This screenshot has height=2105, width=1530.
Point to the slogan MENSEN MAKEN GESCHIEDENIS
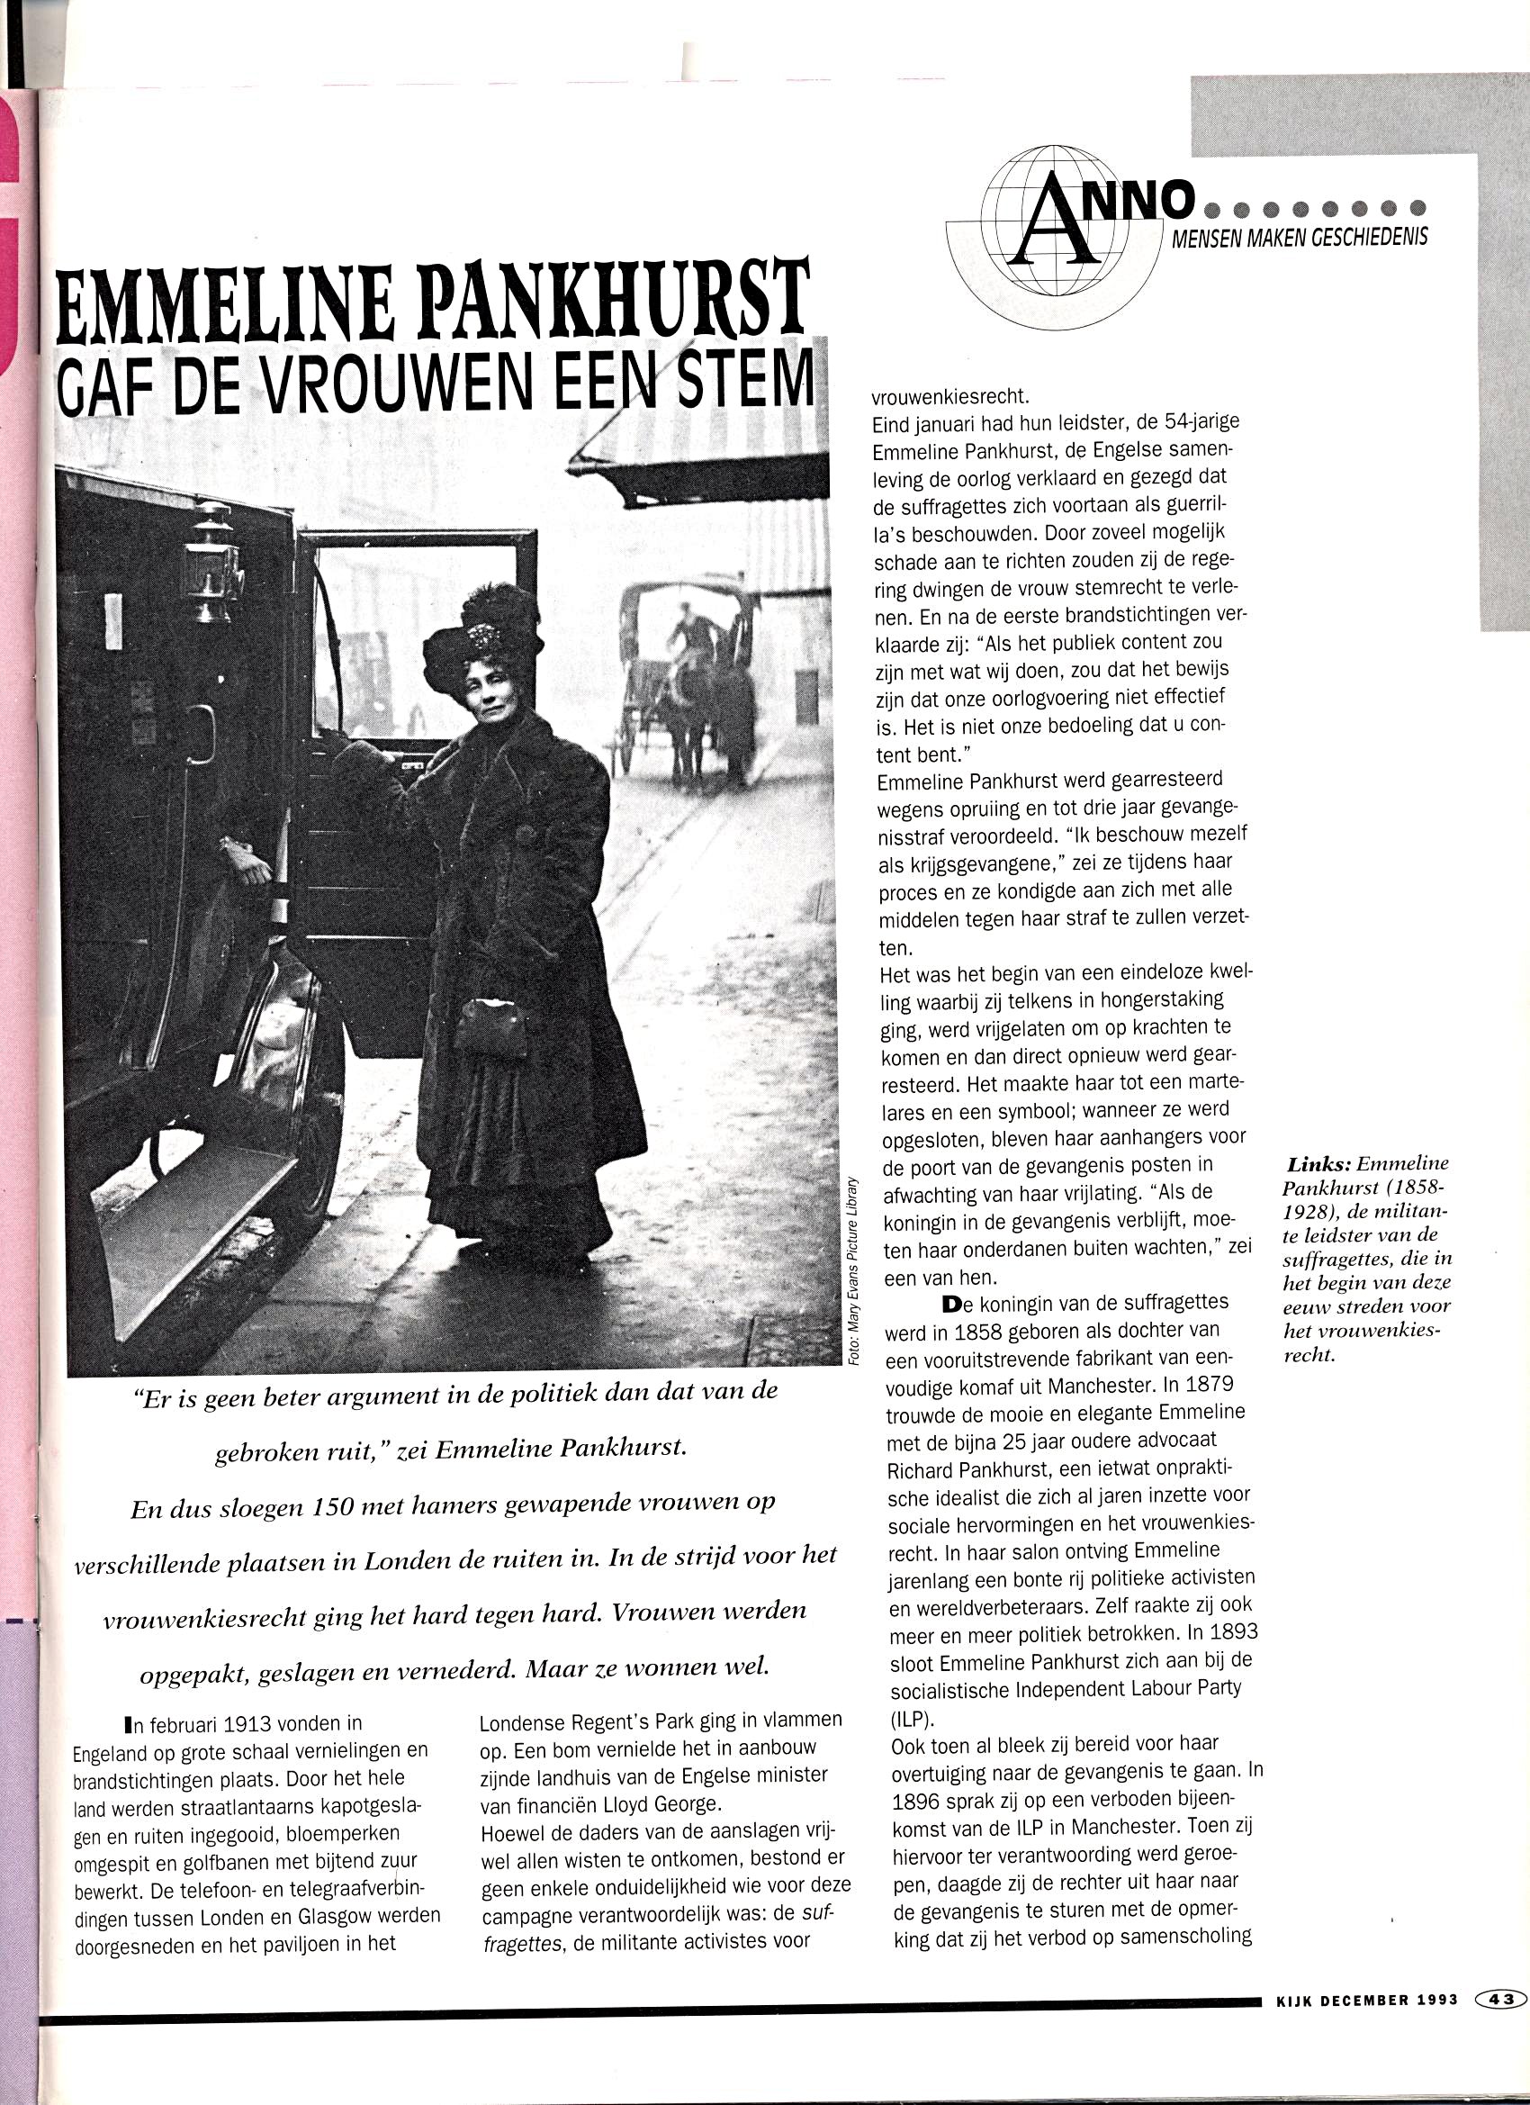tap(1300, 239)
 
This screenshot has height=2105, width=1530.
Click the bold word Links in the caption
tap(1318, 1164)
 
